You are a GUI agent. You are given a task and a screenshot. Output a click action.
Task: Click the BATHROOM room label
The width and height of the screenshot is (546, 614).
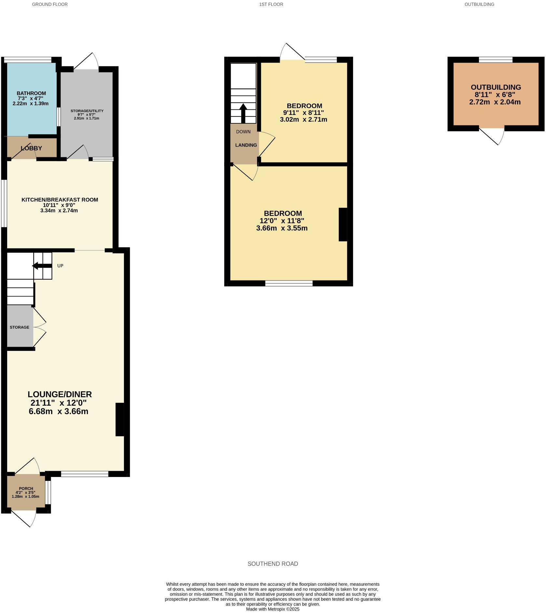click(x=31, y=93)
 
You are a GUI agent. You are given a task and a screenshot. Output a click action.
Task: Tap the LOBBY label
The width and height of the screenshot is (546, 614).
click(x=31, y=148)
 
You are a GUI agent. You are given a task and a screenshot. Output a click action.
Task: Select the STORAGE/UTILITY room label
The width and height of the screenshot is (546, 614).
click(x=87, y=111)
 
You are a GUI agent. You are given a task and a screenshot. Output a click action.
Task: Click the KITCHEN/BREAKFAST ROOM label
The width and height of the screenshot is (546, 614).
click(x=60, y=200)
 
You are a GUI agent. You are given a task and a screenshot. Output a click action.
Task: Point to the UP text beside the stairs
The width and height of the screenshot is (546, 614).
click(x=60, y=266)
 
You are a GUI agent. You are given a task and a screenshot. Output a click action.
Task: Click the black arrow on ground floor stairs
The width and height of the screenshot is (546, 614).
click(x=42, y=266)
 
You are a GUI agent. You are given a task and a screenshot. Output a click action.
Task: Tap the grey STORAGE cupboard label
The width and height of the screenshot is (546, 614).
click(x=19, y=327)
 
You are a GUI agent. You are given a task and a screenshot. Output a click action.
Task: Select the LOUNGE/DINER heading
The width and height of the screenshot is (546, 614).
click(x=60, y=394)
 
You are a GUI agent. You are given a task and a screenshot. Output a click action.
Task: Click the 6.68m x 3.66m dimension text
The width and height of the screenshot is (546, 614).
click(x=59, y=411)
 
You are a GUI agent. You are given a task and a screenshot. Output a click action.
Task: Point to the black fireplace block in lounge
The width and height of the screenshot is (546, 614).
click(x=120, y=419)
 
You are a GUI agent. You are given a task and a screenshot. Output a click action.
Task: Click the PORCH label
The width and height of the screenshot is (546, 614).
click(x=26, y=488)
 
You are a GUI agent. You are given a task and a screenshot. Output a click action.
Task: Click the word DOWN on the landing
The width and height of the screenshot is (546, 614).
click(x=243, y=132)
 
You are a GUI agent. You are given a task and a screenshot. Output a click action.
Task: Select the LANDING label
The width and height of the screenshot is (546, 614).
click(x=246, y=145)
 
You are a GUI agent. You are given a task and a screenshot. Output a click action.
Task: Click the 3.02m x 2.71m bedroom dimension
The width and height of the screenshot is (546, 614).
click(x=303, y=119)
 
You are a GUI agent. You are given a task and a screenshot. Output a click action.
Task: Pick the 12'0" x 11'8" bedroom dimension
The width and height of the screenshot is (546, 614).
click(x=282, y=221)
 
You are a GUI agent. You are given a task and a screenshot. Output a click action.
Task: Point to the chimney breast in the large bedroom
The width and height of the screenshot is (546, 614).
click(x=343, y=224)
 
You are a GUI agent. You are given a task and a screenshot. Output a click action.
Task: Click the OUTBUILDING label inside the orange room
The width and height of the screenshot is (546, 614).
click(x=496, y=87)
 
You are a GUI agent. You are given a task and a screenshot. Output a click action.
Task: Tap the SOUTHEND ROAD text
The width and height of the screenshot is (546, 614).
click(x=273, y=564)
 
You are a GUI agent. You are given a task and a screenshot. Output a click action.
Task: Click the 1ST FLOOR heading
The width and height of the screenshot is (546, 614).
click(x=271, y=5)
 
